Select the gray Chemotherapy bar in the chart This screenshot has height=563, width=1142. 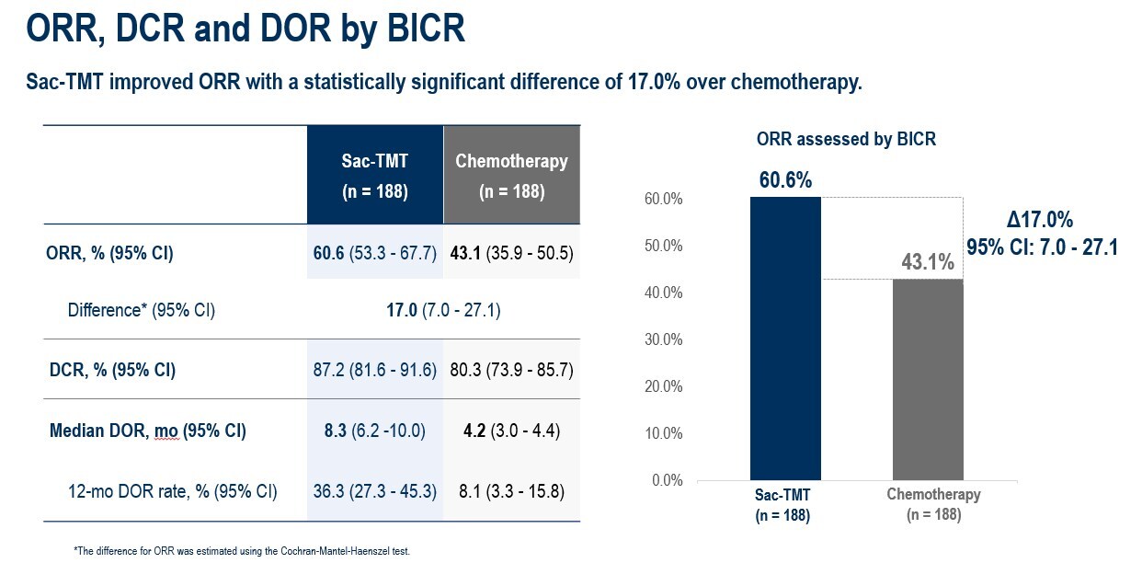coord(928,379)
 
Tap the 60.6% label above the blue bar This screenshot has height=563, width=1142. coord(785,180)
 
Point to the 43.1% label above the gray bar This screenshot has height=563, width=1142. coord(928,262)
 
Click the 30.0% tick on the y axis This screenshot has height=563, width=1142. coord(664,339)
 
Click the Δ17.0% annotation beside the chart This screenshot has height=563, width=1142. coord(1040,220)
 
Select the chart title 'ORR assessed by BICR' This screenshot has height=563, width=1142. coord(846,140)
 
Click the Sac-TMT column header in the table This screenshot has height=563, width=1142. coord(374,175)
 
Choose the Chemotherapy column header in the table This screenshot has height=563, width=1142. coord(511,175)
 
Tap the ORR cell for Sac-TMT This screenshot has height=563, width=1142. coord(374,253)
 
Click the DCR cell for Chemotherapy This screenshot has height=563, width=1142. coord(511,370)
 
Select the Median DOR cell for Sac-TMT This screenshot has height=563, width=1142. coord(374,430)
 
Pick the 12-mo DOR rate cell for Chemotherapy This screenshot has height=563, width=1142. coord(511,491)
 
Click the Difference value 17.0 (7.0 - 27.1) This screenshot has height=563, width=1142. coord(443,310)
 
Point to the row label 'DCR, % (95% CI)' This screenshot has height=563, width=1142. coord(112,370)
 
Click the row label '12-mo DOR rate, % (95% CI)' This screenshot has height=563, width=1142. coord(172,491)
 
